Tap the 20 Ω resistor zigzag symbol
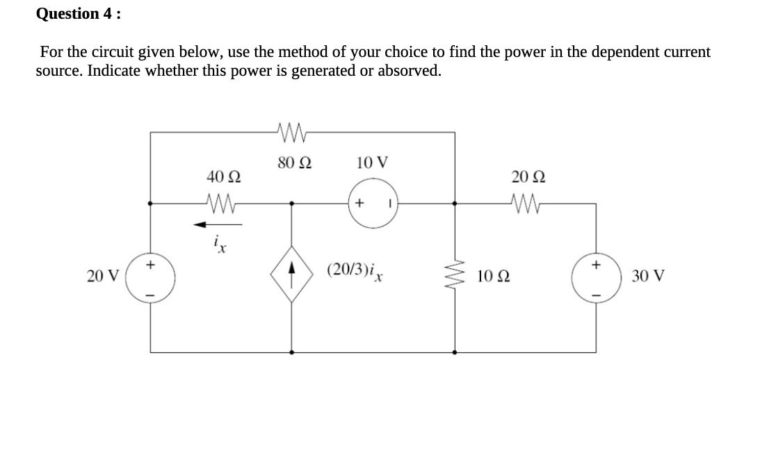point(526,204)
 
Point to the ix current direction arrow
point(218,224)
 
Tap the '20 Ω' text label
point(526,178)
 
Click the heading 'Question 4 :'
point(77,13)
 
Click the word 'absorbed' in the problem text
point(407,72)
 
